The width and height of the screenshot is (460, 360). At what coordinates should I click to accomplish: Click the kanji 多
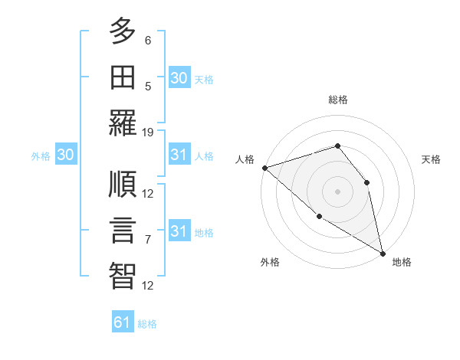click(123, 31)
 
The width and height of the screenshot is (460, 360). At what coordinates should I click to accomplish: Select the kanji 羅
click(123, 123)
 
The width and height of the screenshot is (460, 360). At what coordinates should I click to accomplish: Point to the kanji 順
click(123, 185)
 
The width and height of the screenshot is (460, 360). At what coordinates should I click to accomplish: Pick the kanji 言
click(123, 231)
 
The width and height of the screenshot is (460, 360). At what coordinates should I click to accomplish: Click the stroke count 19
click(148, 132)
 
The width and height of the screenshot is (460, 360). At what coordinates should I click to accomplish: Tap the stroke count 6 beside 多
click(148, 40)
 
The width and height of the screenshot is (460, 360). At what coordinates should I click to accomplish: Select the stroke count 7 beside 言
click(148, 240)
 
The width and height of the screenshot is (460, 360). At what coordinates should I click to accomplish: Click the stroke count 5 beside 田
click(148, 86)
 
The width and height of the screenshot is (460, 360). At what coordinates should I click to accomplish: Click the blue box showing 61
click(123, 322)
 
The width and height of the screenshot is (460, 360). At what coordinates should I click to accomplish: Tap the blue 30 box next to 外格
click(65, 155)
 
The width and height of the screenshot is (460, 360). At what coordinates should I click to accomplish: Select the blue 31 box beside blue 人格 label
click(179, 155)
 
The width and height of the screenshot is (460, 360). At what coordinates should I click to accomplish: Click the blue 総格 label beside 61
click(147, 324)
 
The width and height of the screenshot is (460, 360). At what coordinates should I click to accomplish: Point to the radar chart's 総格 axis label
click(337, 100)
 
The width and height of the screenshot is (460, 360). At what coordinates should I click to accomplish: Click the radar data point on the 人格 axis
click(264, 168)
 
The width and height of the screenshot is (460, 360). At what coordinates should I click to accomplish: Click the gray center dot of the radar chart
click(337, 191)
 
